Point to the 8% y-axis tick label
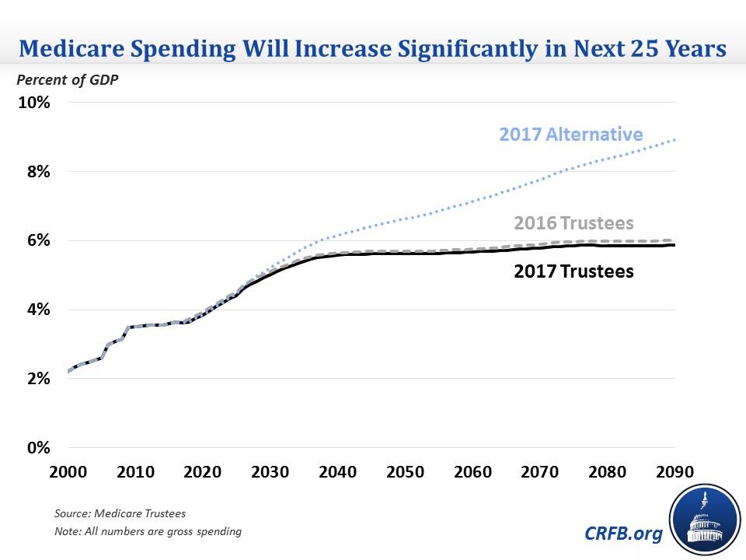point(37,171)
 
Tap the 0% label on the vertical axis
point(37,448)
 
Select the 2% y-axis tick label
point(37,379)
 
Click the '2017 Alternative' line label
point(571,134)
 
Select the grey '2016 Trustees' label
point(573,224)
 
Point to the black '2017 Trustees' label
point(573,271)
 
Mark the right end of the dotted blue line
point(674,140)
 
